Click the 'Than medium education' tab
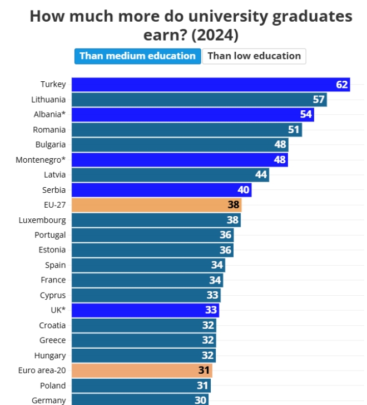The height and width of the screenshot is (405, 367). (x=137, y=56)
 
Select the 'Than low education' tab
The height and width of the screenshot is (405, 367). (x=254, y=56)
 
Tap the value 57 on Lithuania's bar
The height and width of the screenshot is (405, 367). (x=319, y=100)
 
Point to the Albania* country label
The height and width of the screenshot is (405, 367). (x=49, y=115)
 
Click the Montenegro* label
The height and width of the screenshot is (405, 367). (x=41, y=160)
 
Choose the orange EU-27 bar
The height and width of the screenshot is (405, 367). (x=156, y=205)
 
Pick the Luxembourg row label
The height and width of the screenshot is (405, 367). (x=42, y=220)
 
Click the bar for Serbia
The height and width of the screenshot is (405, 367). (x=161, y=190)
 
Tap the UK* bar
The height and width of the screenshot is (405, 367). (x=145, y=310)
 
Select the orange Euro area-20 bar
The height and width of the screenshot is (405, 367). (x=142, y=370)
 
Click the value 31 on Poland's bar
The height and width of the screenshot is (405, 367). (x=202, y=386)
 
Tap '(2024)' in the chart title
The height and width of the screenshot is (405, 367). (x=214, y=35)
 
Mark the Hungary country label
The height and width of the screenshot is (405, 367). (x=49, y=355)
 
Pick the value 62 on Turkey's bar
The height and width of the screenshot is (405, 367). (x=342, y=85)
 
